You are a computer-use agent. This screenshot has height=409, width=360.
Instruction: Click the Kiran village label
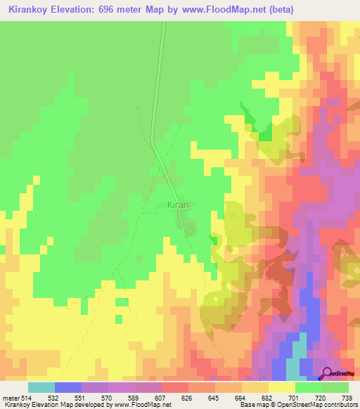click(178, 205)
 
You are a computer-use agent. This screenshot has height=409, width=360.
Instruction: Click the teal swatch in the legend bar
click(41, 387)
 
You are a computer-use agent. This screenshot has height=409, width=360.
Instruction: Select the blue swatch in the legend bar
click(68, 387)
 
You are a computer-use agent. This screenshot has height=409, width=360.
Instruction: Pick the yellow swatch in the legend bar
click(281, 387)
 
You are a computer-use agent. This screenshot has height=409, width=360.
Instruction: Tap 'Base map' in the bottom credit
click(255, 405)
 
